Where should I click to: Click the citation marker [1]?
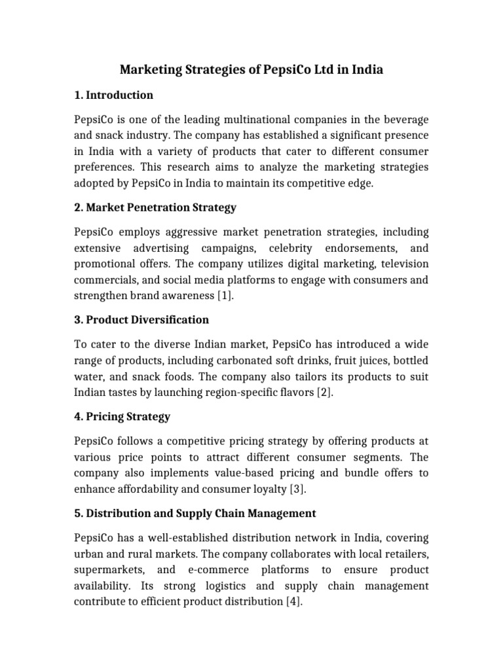click(224, 296)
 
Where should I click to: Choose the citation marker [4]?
click(293, 601)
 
